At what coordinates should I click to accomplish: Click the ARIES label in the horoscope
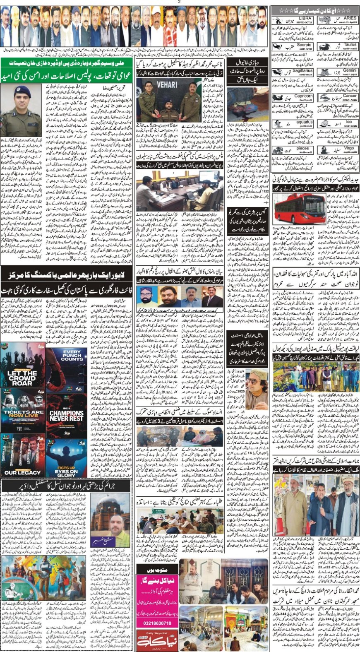tap(350, 19)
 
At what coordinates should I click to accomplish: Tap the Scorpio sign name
tap(304, 45)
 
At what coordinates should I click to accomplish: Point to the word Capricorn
tap(303, 96)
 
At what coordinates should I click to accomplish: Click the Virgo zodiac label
tap(349, 148)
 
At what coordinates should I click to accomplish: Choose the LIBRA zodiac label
tap(305, 19)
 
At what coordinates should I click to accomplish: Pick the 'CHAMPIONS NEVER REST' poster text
tap(67, 415)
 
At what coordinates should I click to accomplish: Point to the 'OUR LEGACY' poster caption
tap(22, 472)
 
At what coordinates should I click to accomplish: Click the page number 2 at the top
tap(179, 2)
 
